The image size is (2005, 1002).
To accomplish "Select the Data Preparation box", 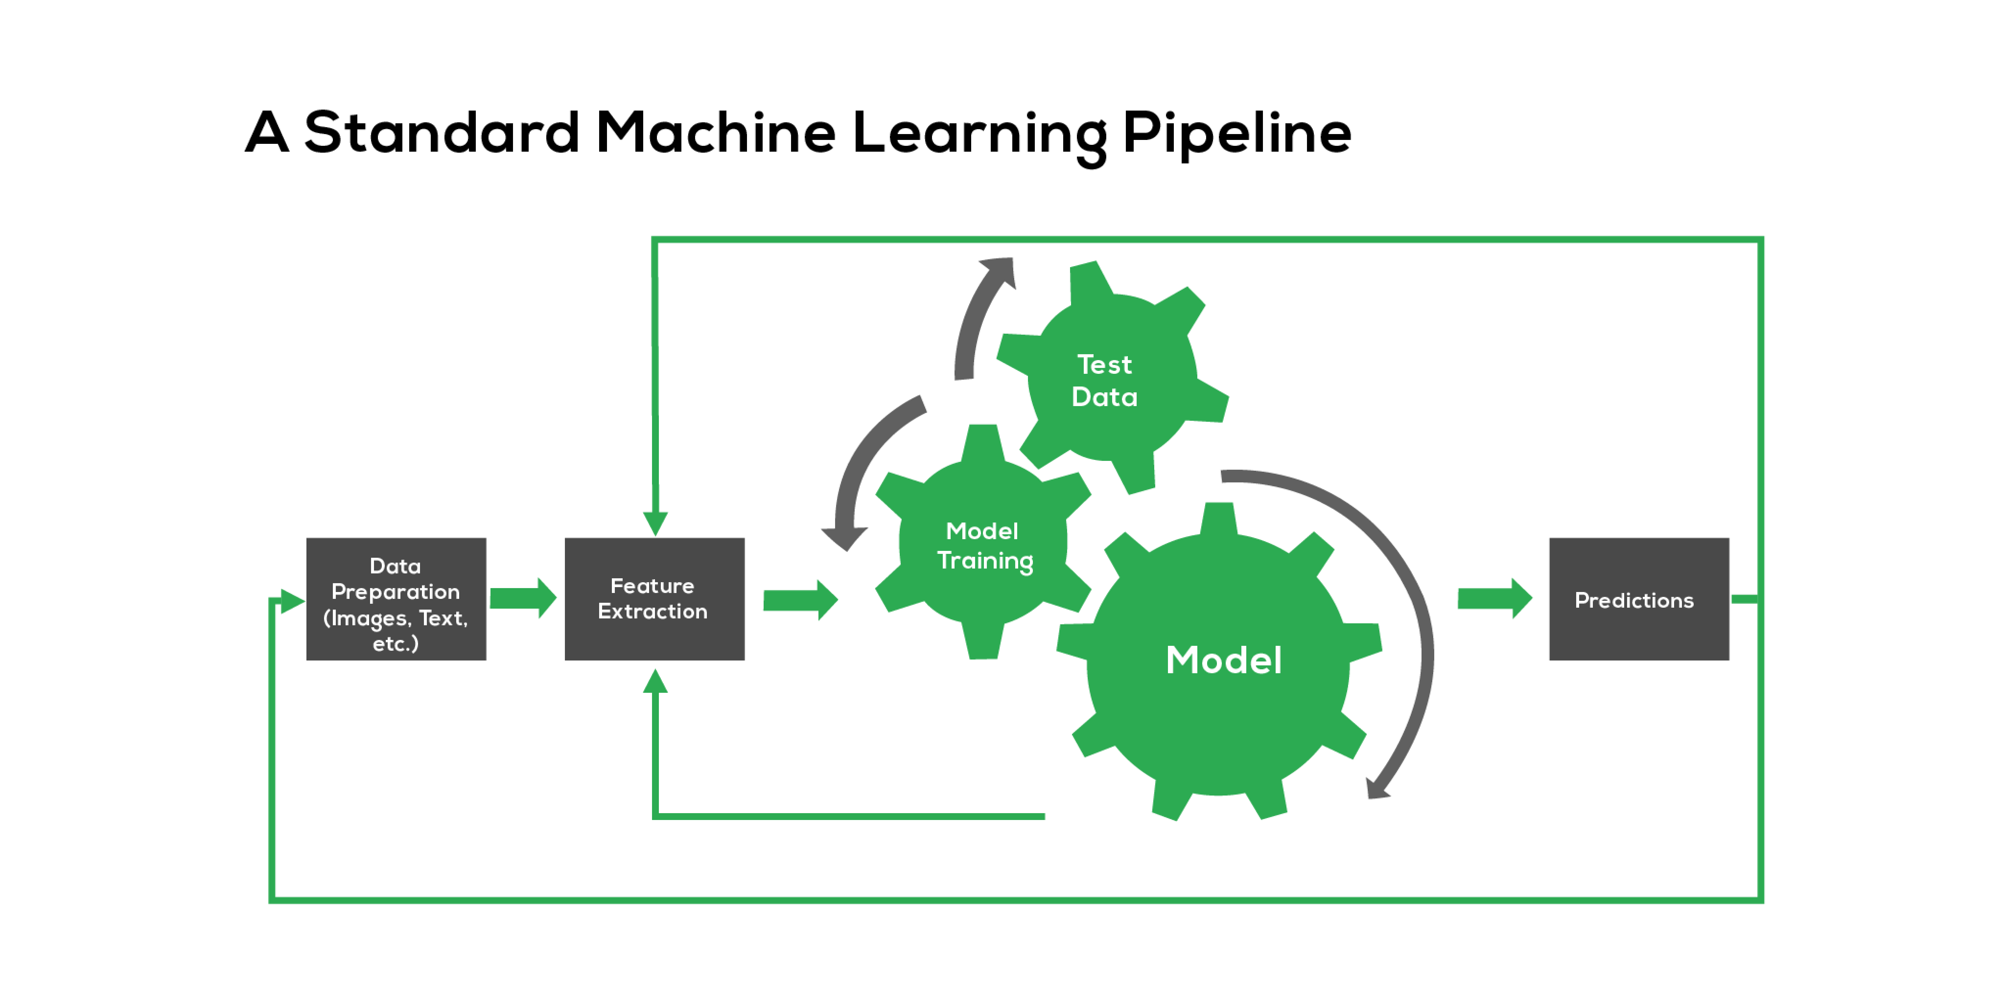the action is pos(396,599).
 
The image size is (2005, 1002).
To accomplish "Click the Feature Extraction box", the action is pos(654,599).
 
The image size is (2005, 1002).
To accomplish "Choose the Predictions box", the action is pos(1639,599).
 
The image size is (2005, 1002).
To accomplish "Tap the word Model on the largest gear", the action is pos(1224,660).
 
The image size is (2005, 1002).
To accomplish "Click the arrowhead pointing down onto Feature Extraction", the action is pos(655,524).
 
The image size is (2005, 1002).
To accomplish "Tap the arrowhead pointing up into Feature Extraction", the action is pos(655,682).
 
